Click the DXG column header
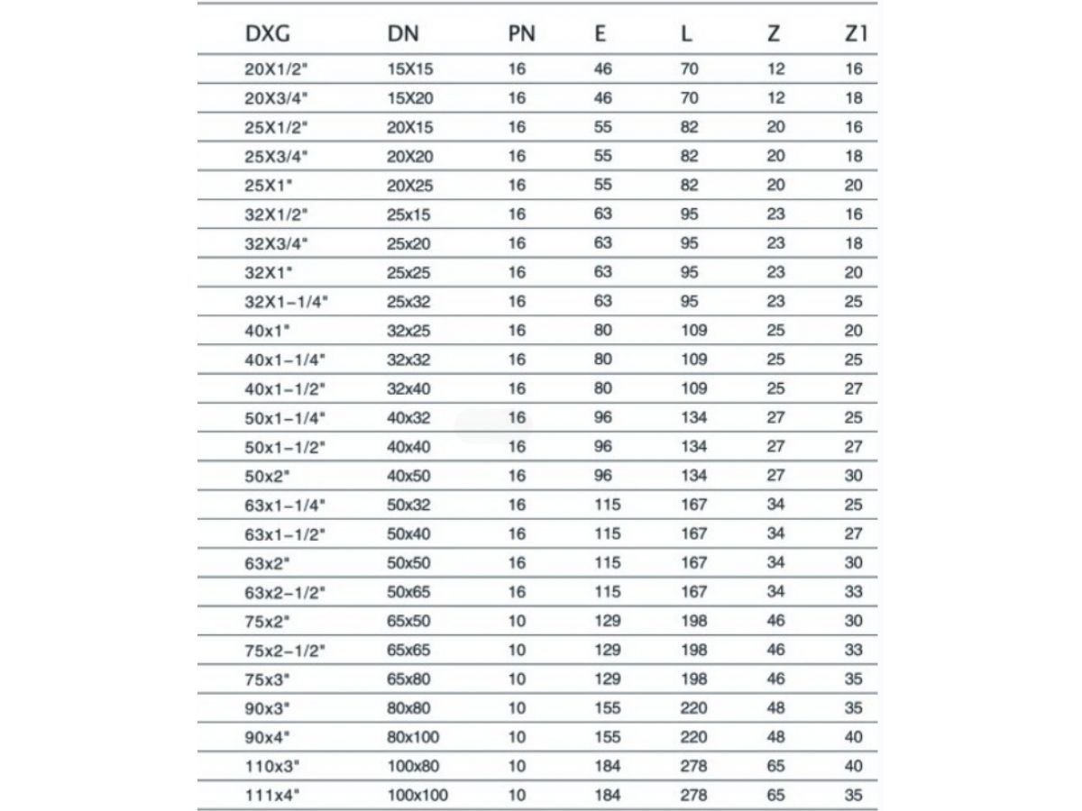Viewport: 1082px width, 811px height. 268,34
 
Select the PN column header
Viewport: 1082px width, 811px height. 521,34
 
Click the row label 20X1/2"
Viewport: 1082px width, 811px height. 276,68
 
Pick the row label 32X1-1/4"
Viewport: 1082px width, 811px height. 286,302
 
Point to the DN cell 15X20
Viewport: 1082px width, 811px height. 410,97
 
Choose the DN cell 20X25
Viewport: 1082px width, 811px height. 410,185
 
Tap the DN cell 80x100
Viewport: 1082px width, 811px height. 414,737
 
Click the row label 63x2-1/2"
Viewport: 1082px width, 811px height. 285,592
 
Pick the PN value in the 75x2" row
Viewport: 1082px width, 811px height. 517,621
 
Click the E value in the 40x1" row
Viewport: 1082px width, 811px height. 603,331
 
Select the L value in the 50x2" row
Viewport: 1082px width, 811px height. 693,476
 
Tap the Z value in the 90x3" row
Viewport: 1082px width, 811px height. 775,708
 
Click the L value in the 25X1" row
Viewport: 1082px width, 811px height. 690,185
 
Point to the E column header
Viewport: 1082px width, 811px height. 601,34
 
